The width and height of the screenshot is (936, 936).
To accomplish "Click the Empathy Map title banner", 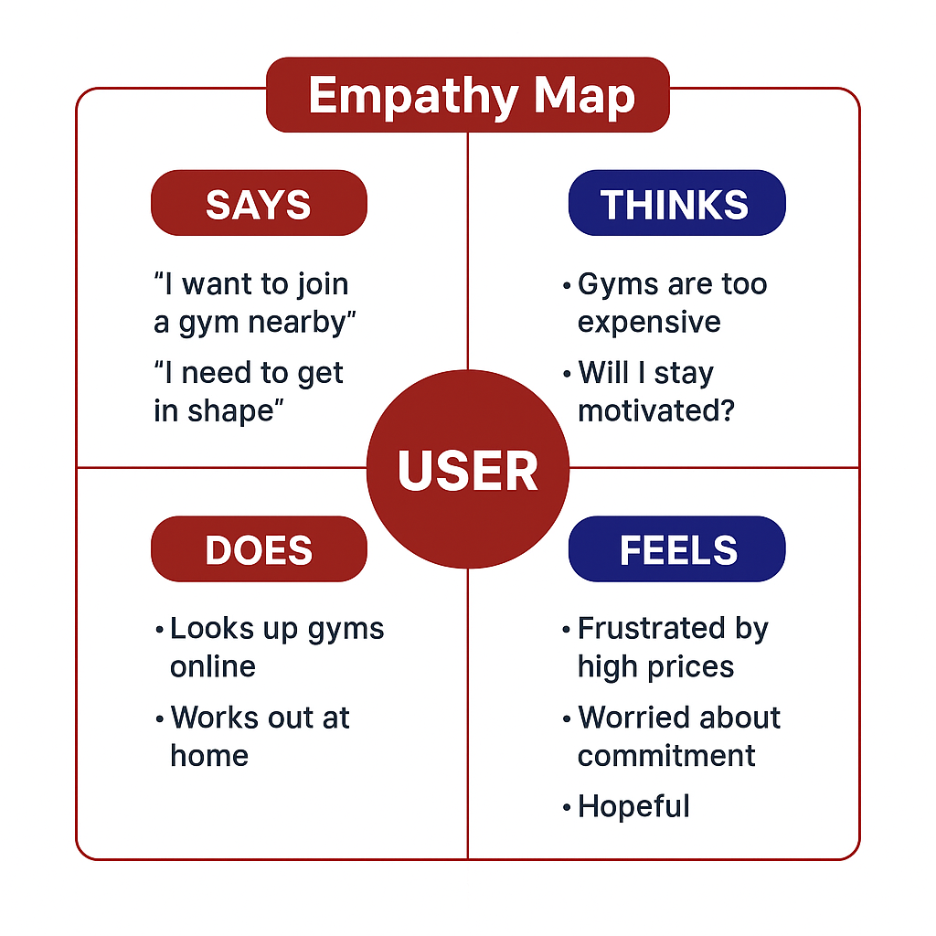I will click(x=468, y=95).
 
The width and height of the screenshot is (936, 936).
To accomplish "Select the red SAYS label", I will click(x=259, y=204).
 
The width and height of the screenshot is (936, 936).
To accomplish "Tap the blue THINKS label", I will click(x=676, y=204).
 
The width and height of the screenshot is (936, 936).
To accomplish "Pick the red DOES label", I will click(x=259, y=549).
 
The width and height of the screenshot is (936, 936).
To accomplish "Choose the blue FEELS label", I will click(x=677, y=549).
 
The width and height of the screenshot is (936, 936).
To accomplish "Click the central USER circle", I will click(x=468, y=470).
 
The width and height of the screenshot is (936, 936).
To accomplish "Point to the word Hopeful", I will click(x=633, y=806).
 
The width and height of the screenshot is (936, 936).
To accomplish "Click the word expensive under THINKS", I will click(x=649, y=322).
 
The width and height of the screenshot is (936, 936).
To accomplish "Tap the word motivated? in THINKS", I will click(x=656, y=410).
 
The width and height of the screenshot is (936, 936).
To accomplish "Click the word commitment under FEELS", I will click(x=666, y=756).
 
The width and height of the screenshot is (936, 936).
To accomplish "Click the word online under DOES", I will click(x=212, y=666).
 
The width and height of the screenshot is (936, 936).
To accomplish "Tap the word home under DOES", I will click(x=209, y=756).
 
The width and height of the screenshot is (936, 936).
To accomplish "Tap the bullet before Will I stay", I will click(x=567, y=375).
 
